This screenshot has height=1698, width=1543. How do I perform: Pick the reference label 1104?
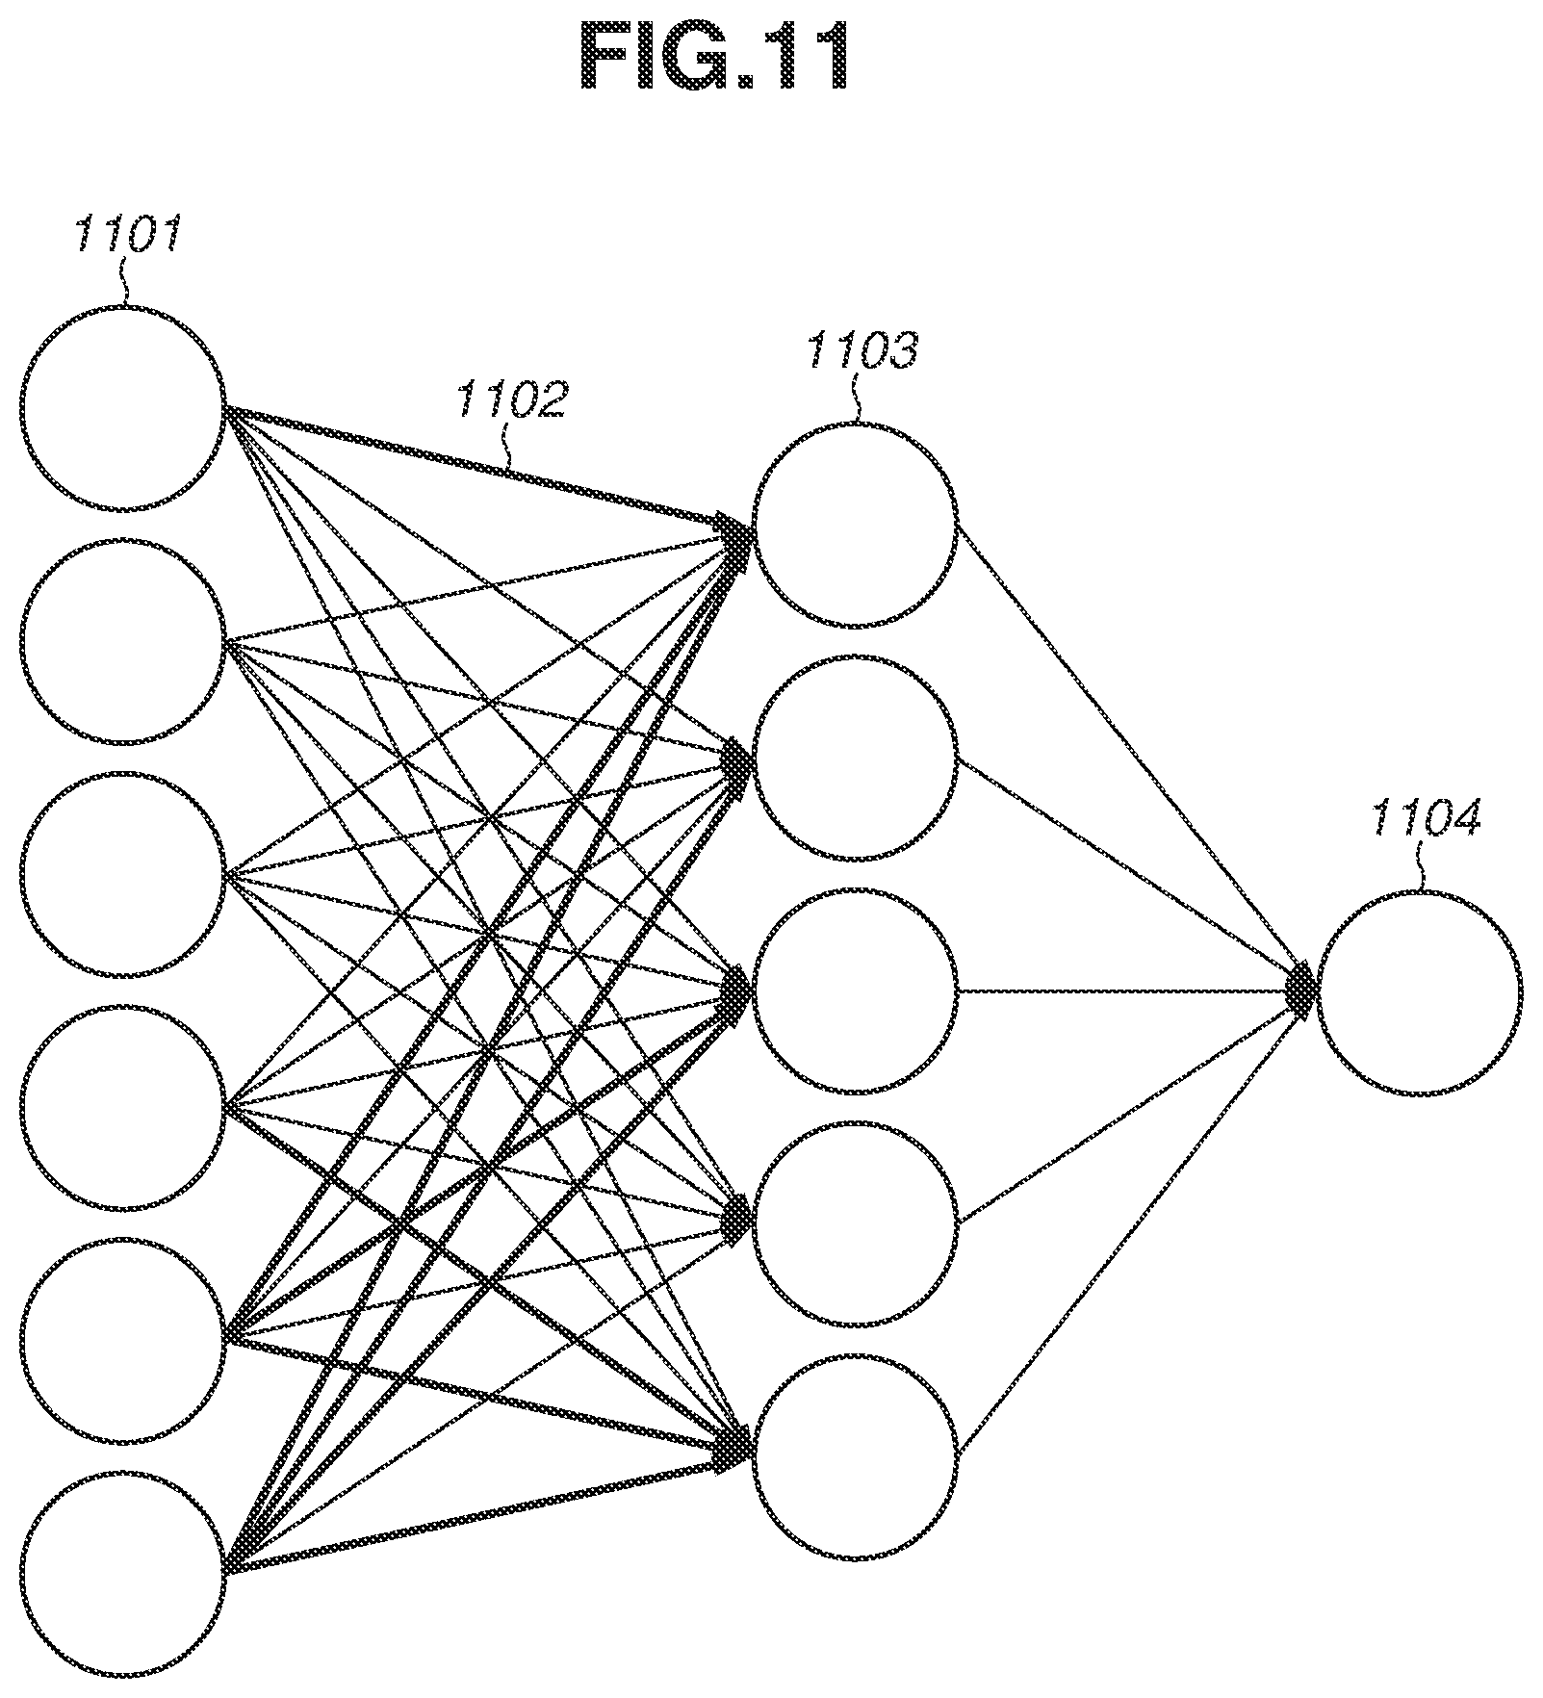click(1425, 818)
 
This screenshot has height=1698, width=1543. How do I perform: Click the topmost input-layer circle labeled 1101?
click(122, 308)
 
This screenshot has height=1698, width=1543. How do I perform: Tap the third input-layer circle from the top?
click(122, 774)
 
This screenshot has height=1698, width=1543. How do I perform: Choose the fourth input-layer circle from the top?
click(122, 1007)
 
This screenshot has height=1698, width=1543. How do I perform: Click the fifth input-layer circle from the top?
click(122, 1240)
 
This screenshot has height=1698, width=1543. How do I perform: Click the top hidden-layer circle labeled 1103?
click(856, 424)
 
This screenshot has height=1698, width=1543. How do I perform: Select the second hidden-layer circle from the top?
click(856, 657)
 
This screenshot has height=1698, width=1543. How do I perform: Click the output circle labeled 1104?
click(1420, 890)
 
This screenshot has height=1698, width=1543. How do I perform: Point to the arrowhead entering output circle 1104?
click(1303, 990)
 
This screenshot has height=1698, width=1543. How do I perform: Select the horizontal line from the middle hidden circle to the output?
click(1126, 990)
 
